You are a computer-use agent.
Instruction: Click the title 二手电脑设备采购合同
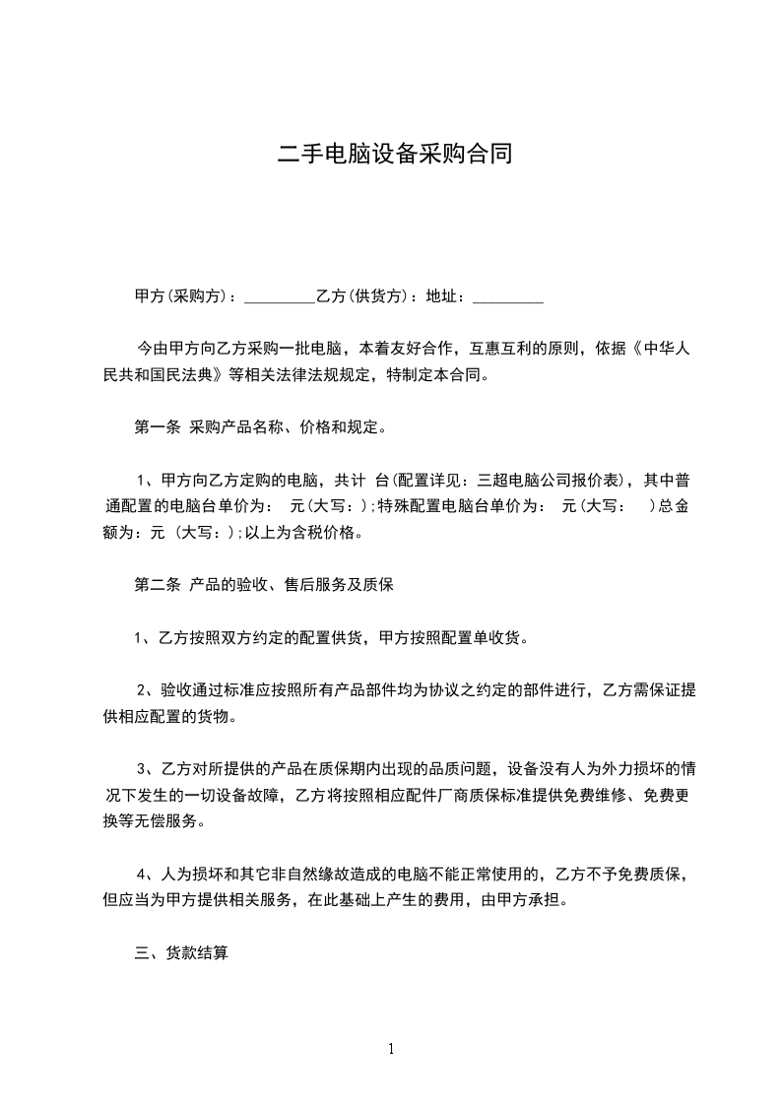[394, 154]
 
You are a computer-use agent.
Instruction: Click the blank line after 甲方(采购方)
[279, 296]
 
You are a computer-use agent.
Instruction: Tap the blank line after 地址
[508, 296]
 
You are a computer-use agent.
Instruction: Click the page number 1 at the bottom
[391, 1048]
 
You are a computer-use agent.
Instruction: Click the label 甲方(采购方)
[184, 295]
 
